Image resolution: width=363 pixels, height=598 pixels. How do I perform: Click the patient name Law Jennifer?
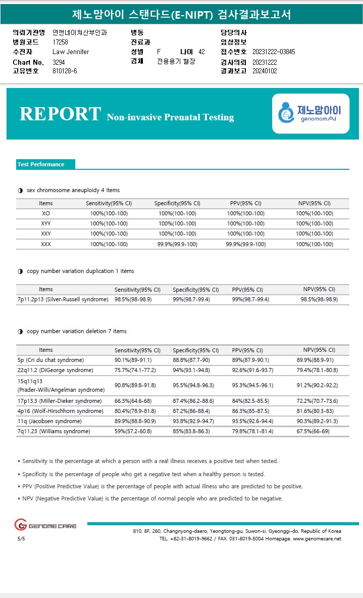71,52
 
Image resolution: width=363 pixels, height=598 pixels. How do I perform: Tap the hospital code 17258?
60,42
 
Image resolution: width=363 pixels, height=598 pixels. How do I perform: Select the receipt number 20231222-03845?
274,52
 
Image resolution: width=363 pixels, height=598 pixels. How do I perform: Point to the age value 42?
201,52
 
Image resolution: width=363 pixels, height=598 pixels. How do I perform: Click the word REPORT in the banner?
60,114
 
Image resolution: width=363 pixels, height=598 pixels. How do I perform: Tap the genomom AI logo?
310,114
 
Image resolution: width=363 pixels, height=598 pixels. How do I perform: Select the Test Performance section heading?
41,164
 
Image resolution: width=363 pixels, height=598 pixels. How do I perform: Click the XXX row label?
46,244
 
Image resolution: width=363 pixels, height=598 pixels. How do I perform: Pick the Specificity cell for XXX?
177,244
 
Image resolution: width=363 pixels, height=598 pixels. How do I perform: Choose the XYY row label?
46,223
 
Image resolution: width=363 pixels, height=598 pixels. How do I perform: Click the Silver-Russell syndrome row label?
63,300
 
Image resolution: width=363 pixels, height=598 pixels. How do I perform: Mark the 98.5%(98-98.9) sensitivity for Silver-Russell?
133,300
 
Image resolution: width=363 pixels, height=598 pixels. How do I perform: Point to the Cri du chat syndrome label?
50,360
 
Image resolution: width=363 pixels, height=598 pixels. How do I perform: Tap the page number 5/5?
21,539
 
